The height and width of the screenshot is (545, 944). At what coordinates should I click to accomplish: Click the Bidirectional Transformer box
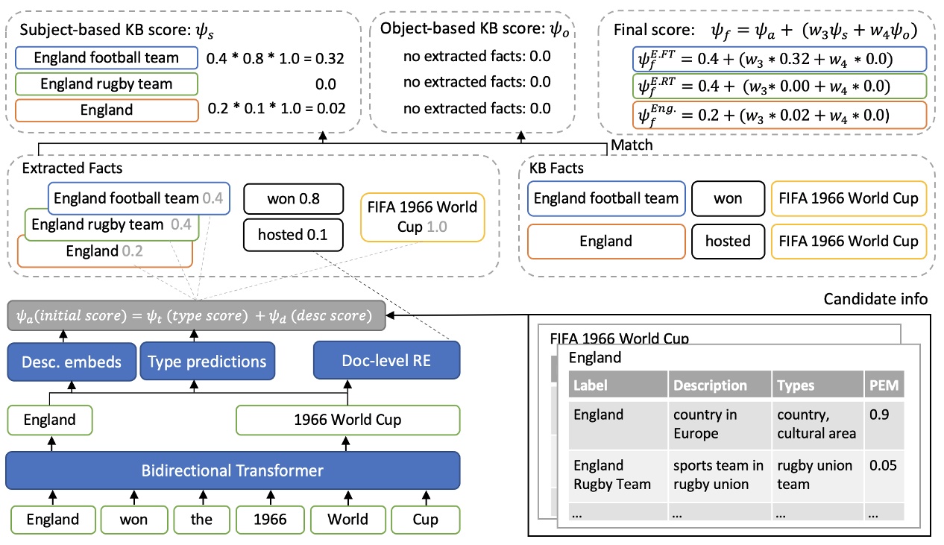tap(233, 470)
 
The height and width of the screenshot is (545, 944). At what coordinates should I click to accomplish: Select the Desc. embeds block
tap(72, 362)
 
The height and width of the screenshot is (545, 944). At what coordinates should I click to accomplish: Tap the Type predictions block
tap(207, 362)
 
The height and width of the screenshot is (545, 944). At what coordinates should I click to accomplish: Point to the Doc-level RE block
tap(386, 362)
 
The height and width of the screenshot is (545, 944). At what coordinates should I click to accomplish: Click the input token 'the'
tap(201, 519)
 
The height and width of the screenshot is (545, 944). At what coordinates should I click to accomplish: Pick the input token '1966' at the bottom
tap(269, 519)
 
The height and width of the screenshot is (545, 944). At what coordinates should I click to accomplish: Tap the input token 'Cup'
tap(425, 519)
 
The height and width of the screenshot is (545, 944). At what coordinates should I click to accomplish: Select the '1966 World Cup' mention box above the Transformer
tap(347, 420)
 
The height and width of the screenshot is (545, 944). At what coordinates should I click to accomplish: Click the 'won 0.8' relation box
tap(292, 200)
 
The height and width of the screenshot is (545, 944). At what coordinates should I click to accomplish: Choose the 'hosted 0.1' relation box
tap(292, 235)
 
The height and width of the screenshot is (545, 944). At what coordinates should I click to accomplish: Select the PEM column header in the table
tap(885, 385)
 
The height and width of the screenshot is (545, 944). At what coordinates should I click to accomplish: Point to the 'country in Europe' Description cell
tap(718, 423)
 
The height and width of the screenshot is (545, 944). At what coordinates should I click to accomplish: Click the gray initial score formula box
tap(195, 315)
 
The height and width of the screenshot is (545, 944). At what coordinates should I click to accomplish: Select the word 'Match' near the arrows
tap(631, 145)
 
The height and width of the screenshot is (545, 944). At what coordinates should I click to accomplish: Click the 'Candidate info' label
tap(875, 299)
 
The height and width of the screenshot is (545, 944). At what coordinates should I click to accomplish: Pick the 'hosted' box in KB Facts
tap(728, 241)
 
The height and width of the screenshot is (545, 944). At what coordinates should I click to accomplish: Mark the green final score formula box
tap(775, 86)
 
